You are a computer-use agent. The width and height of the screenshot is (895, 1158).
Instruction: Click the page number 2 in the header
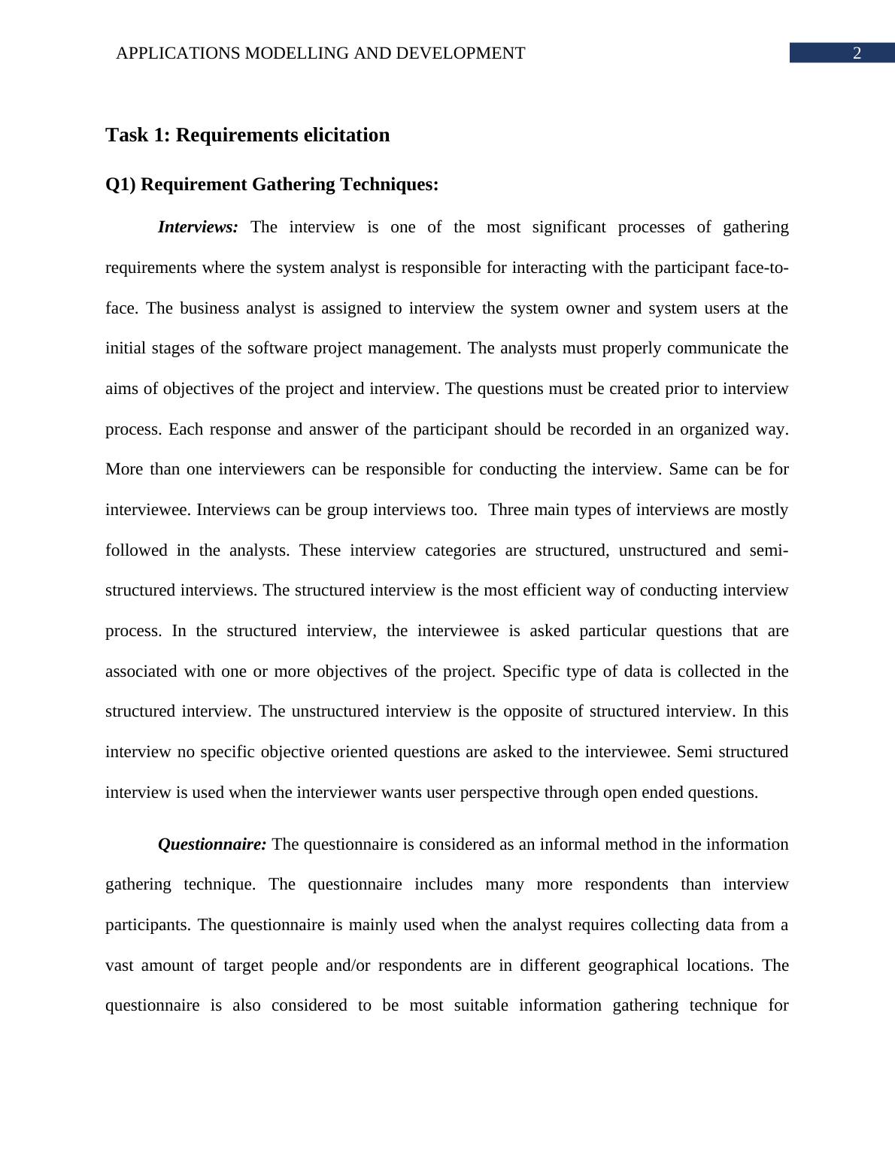click(x=856, y=53)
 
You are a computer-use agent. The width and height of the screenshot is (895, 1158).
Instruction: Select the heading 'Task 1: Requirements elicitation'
click(x=247, y=135)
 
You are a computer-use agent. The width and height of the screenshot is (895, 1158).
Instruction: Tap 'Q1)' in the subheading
click(x=120, y=184)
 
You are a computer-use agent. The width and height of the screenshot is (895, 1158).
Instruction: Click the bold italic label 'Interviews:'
click(x=198, y=227)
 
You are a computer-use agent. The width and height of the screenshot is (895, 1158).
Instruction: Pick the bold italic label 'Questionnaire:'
click(x=212, y=844)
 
